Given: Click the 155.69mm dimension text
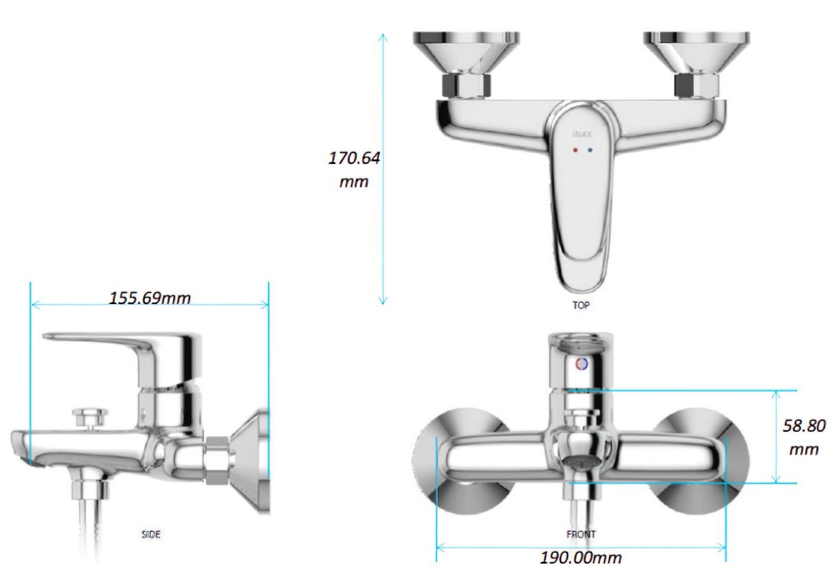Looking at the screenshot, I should point(150,298).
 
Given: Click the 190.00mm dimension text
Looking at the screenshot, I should point(581,557).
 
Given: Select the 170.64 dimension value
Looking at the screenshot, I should point(355,158).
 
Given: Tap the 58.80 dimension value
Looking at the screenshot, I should point(804,426).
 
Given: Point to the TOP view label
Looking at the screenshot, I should point(581,305).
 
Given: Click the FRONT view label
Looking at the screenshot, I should point(581,533).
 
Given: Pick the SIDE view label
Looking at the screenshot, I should point(151,533).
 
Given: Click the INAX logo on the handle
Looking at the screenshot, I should point(582,135).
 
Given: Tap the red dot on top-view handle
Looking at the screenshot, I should point(574,149).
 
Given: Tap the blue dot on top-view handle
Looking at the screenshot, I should point(590,149).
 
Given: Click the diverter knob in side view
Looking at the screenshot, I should point(90,415).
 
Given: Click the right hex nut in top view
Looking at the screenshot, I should point(696,86).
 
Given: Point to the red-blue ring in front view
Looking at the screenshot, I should point(581,365).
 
